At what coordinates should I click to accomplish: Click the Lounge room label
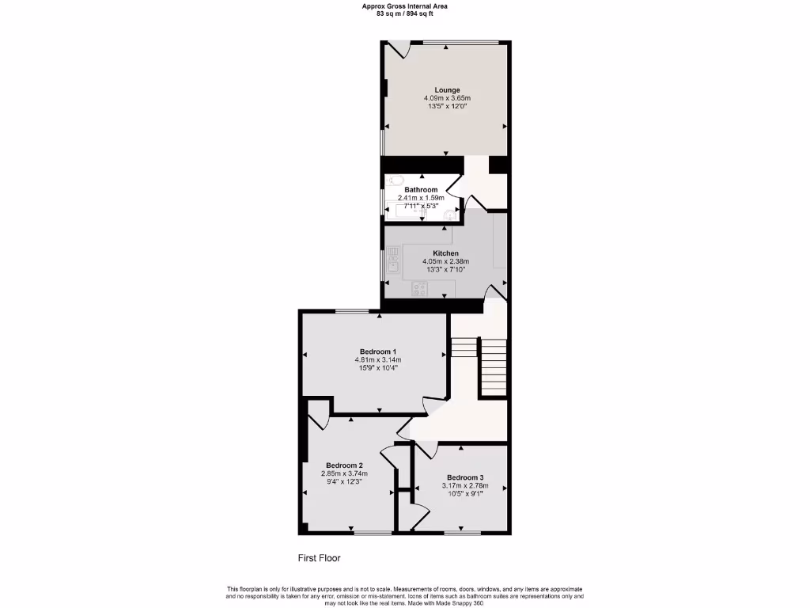tap(446, 89)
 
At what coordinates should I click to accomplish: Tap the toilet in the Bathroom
tap(397, 180)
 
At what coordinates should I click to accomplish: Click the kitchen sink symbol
tap(392, 260)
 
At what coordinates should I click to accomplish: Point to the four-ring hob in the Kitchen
tap(419, 290)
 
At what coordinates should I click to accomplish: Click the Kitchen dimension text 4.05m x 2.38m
tap(445, 261)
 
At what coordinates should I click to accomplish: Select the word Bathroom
tap(421, 190)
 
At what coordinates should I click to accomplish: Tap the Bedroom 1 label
tap(377, 351)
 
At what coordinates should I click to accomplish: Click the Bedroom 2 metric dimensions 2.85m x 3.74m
tap(344, 473)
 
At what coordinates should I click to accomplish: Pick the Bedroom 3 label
tap(464, 477)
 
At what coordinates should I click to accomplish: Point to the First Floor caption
tap(319, 558)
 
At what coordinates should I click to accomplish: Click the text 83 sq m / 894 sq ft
tap(404, 13)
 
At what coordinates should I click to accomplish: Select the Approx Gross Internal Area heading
tap(404, 6)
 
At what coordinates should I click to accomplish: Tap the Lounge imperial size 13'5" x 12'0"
tap(446, 106)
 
